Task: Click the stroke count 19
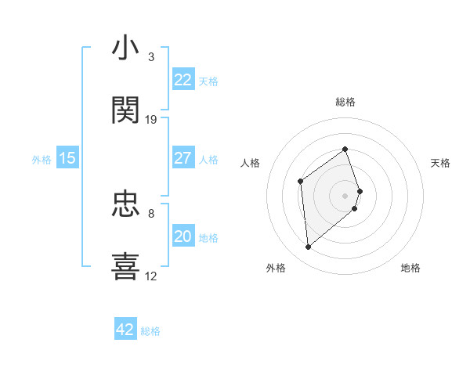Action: pos(151,119)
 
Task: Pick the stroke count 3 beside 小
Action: pos(151,57)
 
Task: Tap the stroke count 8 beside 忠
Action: pos(151,213)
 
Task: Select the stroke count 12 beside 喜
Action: pos(151,276)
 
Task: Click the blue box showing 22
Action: pos(183,80)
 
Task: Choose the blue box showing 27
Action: pos(183,158)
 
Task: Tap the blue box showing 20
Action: pos(183,236)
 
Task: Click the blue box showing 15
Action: pos(67,158)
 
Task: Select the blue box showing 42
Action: pos(125,330)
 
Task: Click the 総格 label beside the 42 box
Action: pos(150,331)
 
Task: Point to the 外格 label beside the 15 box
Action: pos(42,160)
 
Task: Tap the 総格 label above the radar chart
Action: pos(345,102)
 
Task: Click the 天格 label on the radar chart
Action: pos(440,163)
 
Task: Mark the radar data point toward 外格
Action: pos(309,247)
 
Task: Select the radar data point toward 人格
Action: pos(301,182)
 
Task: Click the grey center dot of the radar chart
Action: pos(345,194)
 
